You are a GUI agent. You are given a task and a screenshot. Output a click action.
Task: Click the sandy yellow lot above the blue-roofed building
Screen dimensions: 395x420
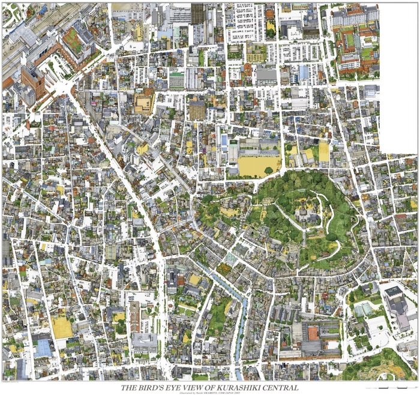point(61,327)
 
